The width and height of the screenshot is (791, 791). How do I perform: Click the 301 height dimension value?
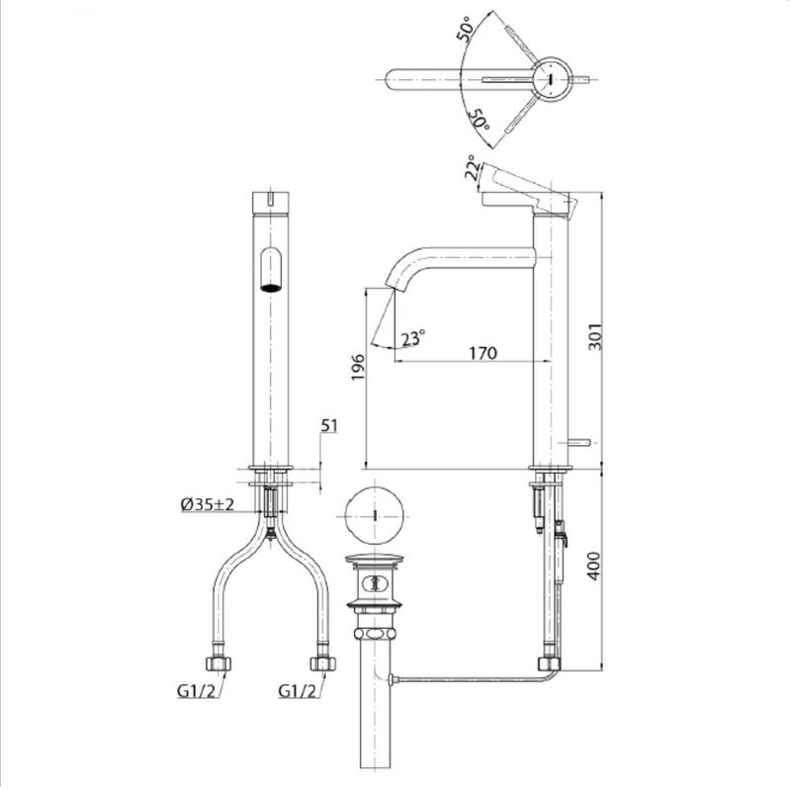[596, 336]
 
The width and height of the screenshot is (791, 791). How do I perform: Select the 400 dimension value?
[595, 566]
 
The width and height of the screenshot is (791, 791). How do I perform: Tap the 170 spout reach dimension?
[483, 353]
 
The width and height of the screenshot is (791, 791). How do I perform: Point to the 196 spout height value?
[358, 367]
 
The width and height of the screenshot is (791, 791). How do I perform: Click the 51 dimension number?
[329, 426]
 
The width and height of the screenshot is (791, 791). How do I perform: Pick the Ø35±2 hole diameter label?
[208, 504]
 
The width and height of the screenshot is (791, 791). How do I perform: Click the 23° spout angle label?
[413, 338]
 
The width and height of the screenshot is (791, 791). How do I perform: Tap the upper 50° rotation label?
[465, 29]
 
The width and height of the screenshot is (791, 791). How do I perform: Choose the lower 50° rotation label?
[479, 120]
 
